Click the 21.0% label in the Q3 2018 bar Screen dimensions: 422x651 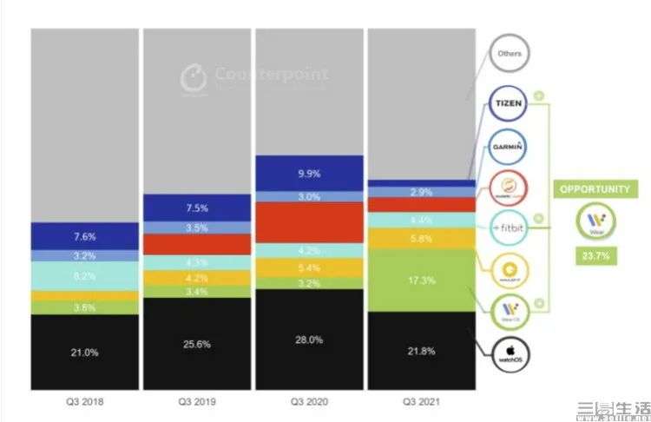[84, 352]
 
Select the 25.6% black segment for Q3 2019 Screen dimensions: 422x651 [197, 344]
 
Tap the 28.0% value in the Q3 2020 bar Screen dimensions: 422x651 [308, 340]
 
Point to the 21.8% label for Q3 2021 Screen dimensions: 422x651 [422, 350]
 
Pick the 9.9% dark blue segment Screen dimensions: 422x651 [308, 173]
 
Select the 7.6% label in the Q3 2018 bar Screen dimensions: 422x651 [84, 236]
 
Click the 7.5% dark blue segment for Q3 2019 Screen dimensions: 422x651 [197, 208]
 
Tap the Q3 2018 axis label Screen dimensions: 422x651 [84, 402]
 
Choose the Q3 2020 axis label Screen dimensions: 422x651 [308, 402]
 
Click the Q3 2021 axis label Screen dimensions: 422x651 [422, 402]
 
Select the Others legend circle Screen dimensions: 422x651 [509, 54]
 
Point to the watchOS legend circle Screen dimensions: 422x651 [509, 351]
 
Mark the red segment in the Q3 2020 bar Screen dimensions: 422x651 [308, 222]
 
